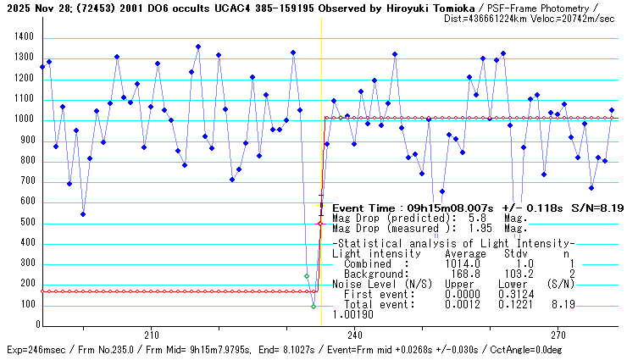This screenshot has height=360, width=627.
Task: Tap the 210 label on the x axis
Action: (x=152, y=334)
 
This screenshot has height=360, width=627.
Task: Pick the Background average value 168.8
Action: (x=465, y=274)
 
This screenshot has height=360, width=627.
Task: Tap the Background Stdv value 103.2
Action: (x=519, y=274)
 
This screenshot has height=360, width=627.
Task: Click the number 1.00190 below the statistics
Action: (x=353, y=314)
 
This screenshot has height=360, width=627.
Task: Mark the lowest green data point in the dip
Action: (x=313, y=306)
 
